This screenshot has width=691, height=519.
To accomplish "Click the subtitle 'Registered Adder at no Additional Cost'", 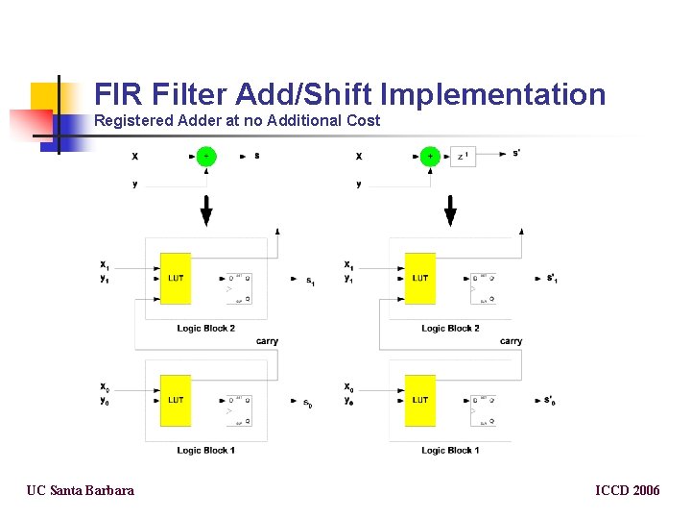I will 237,121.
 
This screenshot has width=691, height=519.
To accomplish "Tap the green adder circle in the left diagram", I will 206,156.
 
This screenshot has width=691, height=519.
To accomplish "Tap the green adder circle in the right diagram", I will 430,156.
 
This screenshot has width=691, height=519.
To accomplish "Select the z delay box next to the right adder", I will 463,156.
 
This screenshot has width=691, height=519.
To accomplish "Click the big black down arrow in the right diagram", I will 450,210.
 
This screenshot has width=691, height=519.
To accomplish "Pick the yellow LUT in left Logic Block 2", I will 176,279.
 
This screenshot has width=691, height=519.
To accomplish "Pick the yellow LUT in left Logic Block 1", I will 176,400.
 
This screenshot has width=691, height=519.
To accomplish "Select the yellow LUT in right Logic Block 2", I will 419,279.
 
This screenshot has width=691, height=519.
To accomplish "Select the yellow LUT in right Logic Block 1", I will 419,400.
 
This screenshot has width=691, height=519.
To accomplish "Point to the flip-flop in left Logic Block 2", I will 238,288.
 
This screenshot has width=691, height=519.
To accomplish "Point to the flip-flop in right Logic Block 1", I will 483,409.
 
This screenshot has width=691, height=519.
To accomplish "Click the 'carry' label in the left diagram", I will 267,341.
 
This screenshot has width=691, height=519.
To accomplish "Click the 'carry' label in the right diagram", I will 511,341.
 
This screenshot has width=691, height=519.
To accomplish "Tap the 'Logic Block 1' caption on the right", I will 450,450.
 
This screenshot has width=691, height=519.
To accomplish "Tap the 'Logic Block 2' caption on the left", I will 206,329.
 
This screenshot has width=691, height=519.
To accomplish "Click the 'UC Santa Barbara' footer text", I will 81,491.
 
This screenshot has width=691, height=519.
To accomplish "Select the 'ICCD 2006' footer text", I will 628,491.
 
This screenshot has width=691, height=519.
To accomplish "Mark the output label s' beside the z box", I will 517,153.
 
